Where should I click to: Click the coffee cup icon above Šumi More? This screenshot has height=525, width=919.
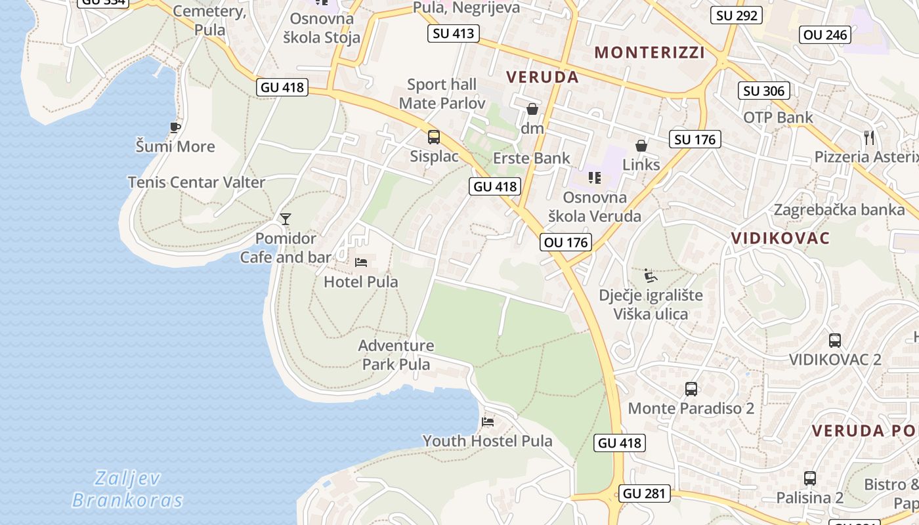175,127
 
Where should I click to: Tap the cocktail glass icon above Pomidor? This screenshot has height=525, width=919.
285,219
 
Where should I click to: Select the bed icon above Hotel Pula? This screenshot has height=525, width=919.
361,262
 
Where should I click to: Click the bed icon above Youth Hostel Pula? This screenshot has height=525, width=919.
487,421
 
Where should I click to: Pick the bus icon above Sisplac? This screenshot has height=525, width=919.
433,137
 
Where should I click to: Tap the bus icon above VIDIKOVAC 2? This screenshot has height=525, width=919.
834,340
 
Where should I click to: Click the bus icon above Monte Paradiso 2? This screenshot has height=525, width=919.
691,388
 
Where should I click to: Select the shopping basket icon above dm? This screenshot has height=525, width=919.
532,108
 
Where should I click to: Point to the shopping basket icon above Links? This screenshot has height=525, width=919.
641,145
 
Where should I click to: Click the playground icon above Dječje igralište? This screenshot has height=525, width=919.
650,275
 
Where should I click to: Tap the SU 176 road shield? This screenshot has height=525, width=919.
695,139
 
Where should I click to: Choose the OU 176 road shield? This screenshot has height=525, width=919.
566,242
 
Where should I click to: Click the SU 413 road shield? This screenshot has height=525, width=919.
454,33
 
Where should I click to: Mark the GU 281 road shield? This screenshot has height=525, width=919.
645,493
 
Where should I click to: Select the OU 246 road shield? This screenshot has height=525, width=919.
826,35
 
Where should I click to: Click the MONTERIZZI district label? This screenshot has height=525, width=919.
649,52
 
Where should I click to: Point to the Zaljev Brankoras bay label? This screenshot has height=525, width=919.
127,489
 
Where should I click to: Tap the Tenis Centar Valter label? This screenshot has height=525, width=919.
196,182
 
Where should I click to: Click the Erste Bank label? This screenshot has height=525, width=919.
532,158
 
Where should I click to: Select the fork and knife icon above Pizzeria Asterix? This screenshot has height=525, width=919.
870,137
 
